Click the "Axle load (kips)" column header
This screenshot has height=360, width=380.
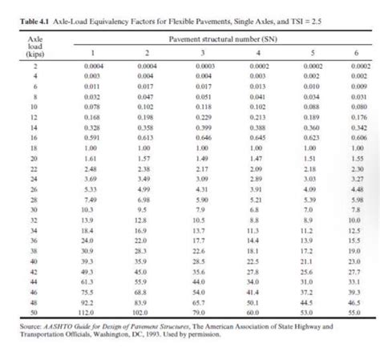[x=34, y=45]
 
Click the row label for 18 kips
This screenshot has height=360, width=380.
[x=34, y=148]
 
